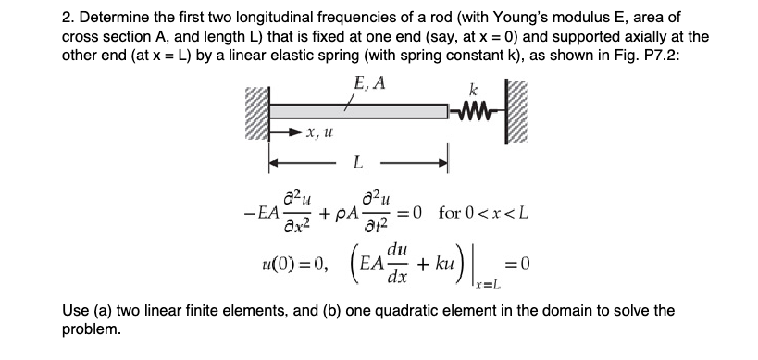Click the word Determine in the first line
coord(60,18)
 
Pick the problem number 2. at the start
coord(15,18)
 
